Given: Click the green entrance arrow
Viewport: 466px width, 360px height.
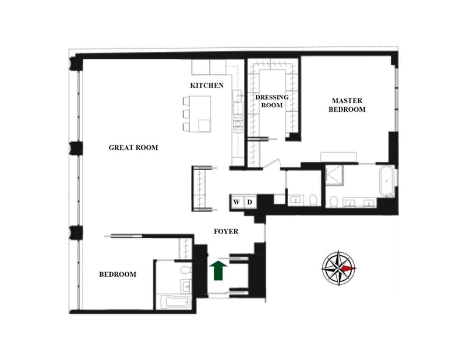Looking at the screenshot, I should click(218, 270).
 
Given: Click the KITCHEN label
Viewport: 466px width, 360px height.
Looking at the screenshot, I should click(207, 86).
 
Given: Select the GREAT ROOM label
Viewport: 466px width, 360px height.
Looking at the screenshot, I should click(133, 148).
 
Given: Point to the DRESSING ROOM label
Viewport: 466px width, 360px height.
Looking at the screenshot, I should click(269, 101).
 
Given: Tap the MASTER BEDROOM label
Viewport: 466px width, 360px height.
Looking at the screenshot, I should click(347, 105).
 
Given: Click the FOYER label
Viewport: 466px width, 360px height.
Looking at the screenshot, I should click(226, 231).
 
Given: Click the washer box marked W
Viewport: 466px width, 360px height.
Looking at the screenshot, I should click(237, 202).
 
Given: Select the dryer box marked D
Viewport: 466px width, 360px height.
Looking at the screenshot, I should click(249, 202).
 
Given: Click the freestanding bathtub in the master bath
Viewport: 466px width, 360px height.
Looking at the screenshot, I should click(386, 181).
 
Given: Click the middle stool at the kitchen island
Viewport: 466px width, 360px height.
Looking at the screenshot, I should click(186, 113).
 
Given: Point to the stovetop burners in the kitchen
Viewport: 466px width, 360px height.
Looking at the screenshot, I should click(238, 121).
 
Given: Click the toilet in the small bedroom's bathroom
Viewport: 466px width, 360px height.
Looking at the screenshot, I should click(185, 270).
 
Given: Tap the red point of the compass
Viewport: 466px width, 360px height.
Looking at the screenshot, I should click(348, 268).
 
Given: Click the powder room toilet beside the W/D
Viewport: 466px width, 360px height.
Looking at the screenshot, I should click(313, 199).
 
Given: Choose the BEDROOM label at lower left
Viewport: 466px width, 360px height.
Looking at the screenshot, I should click(118, 274).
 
